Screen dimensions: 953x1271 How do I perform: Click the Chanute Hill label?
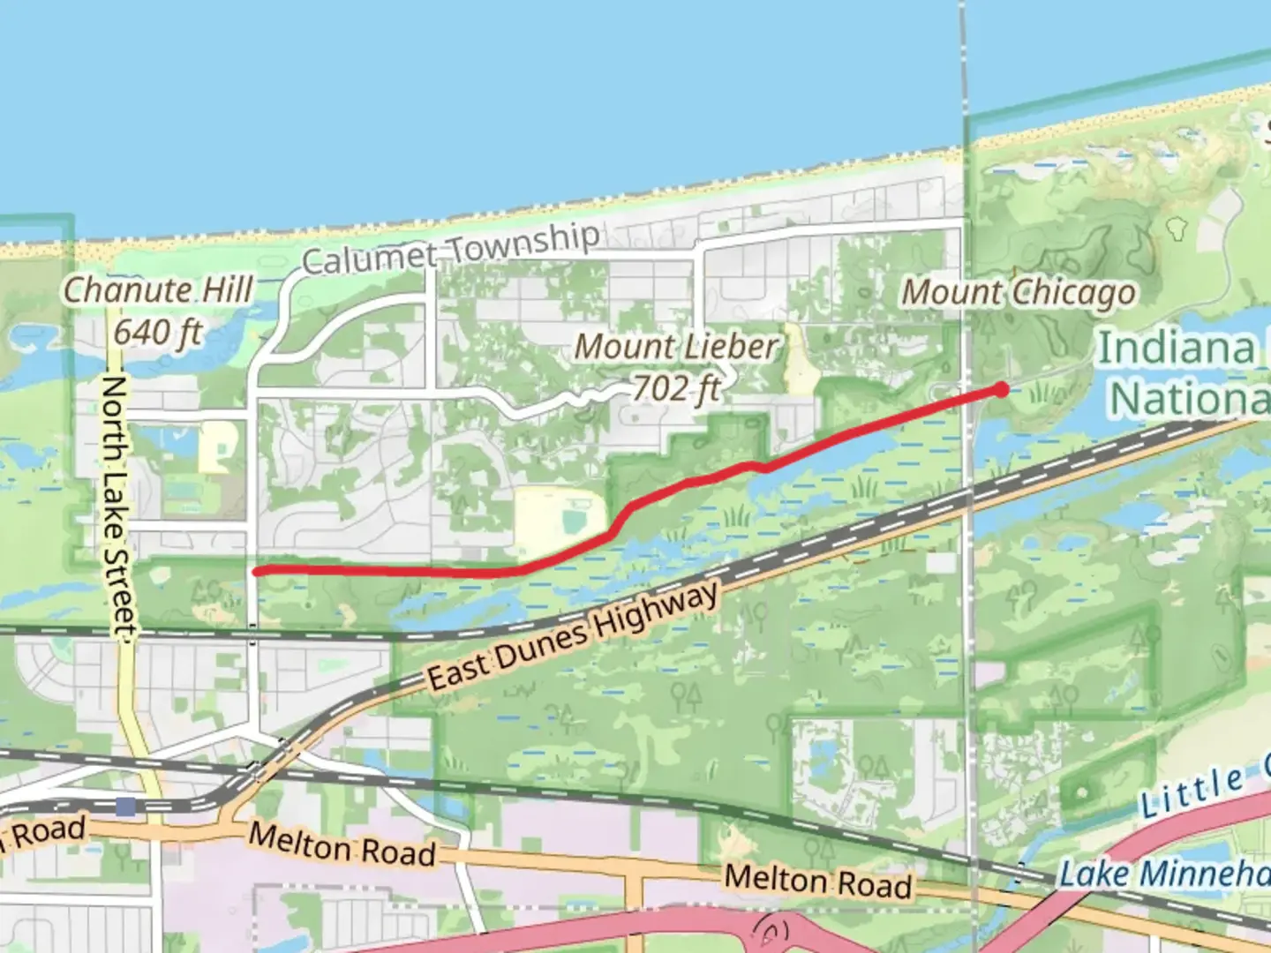tap(158, 289)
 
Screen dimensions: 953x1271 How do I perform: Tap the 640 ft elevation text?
tap(158, 333)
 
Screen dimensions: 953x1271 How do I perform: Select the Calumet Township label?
tap(450, 248)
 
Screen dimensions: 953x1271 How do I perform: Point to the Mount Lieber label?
tap(677, 347)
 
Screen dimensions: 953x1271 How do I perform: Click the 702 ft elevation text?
tap(675, 387)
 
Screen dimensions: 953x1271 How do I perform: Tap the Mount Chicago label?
tap(1019, 292)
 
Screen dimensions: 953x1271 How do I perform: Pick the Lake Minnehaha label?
tap(1163, 874)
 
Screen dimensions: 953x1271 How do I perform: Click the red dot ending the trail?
tap(1001, 389)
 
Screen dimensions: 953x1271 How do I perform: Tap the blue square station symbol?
tap(126, 806)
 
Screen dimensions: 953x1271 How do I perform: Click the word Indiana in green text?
tap(1175, 349)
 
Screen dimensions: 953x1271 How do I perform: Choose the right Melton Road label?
tap(817, 882)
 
